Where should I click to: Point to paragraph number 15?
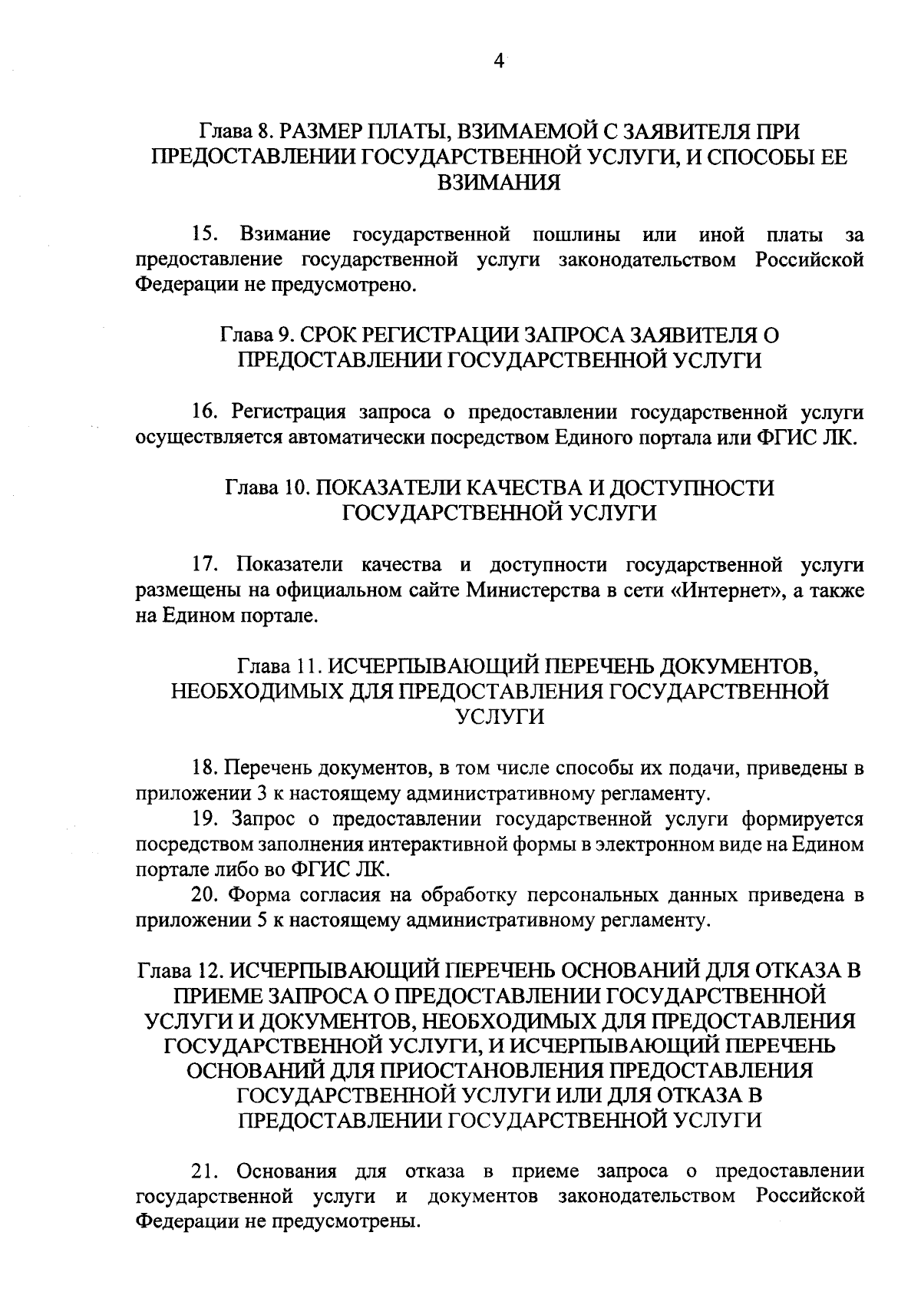pos(206,233)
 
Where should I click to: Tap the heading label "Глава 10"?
pos(266,488)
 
